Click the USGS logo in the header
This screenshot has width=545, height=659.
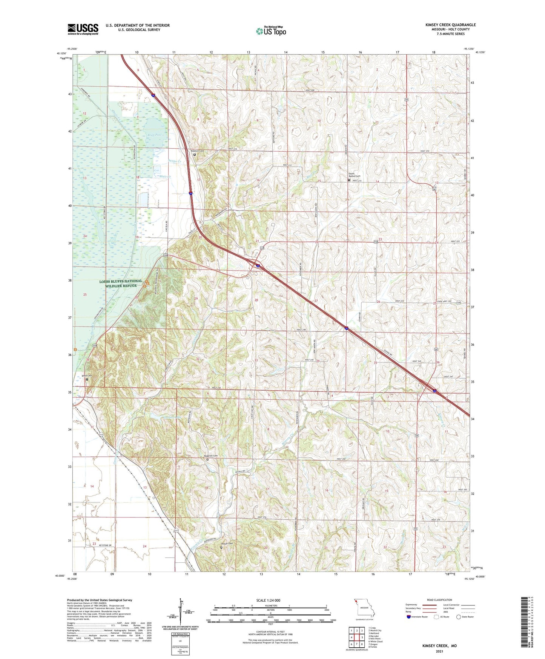click(83, 29)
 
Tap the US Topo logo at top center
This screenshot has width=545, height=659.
click(271, 31)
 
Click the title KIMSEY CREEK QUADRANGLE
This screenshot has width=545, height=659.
click(450, 25)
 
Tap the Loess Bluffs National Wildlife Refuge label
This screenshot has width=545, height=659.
click(121, 283)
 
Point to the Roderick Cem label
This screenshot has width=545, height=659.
click(211, 456)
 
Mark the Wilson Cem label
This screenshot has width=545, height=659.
click(227, 544)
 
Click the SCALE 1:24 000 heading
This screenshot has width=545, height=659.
click(268, 600)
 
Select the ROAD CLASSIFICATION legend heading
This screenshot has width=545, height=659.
click(439, 600)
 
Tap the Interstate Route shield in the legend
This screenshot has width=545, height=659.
click(409, 617)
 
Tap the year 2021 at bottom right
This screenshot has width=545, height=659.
click(439, 651)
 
